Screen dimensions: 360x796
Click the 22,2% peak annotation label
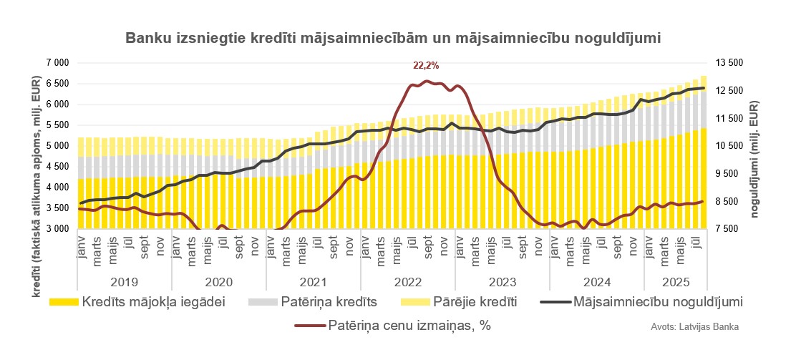[426, 65]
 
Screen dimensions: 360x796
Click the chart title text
[392, 37]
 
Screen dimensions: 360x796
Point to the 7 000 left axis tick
[57, 63]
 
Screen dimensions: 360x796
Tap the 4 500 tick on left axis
[57, 167]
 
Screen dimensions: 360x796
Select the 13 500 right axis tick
[729, 63]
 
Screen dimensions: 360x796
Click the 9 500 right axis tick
[729, 174]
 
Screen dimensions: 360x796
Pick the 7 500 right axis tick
[729, 229]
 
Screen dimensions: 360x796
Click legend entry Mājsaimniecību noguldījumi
[658, 301]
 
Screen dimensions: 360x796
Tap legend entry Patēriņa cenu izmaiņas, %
[409, 326]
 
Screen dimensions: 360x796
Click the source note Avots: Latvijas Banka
[694, 327]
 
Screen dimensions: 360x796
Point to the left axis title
[37, 146]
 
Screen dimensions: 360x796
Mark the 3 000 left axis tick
[57, 229]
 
